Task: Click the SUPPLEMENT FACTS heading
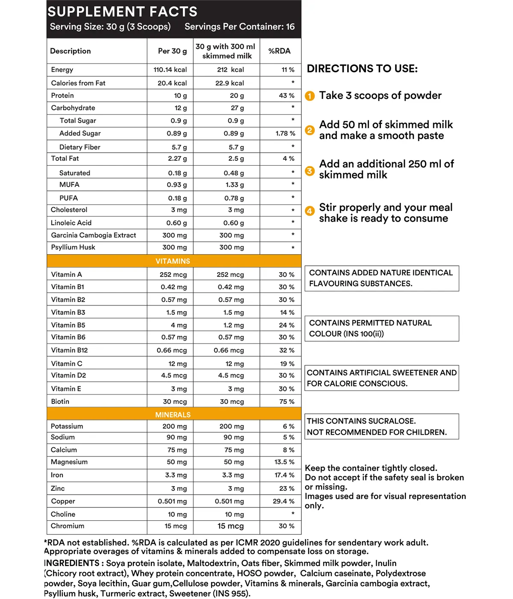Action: [122, 12]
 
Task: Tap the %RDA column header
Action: [279, 51]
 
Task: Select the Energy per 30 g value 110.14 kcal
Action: [170, 70]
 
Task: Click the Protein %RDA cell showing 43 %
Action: [286, 95]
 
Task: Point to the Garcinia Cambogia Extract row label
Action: [93, 235]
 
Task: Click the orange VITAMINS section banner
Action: [173, 261]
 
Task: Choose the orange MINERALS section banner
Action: [173, 415]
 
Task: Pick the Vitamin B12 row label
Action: [69, 350]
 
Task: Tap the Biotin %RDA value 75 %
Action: [286, 402]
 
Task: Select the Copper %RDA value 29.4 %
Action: [283, 501]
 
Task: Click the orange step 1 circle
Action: [310, 96]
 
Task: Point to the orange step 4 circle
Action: [310, 211]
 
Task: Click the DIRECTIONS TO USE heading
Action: [362, 69]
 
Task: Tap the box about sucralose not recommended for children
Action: [381, 427]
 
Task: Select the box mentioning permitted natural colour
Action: [381, 329]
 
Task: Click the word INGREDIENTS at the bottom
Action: [72, 563]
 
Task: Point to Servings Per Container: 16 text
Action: [239, 27]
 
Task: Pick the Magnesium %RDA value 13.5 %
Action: [284, 462]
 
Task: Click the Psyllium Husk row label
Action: [73, 247]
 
